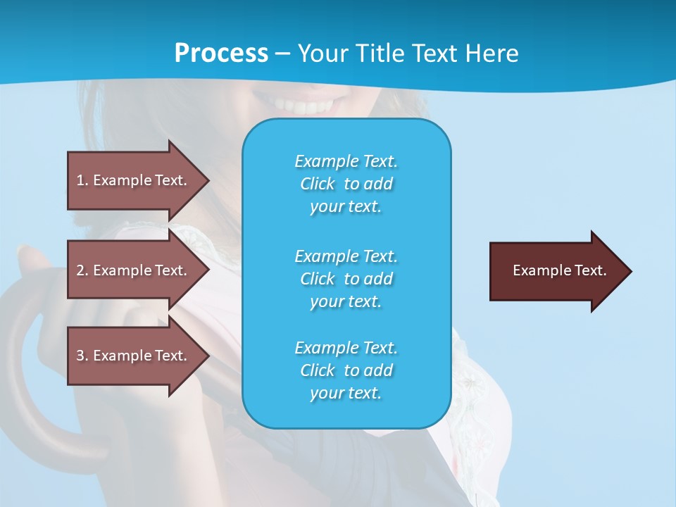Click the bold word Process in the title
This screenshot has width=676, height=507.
221,54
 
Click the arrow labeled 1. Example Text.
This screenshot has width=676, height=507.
134,180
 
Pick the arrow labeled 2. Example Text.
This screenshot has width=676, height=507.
134,270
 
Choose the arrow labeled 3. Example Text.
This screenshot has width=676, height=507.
134,356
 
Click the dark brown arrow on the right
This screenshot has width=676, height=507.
556,271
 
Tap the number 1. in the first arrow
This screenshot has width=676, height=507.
82,180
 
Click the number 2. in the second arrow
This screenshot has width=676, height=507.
82,270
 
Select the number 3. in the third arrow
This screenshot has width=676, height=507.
82,356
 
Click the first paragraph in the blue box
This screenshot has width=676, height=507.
346,184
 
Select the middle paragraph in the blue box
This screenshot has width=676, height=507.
346,279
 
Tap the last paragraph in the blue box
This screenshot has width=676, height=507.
346,370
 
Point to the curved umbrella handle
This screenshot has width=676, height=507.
28,394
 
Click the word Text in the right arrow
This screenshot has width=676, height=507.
590,270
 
